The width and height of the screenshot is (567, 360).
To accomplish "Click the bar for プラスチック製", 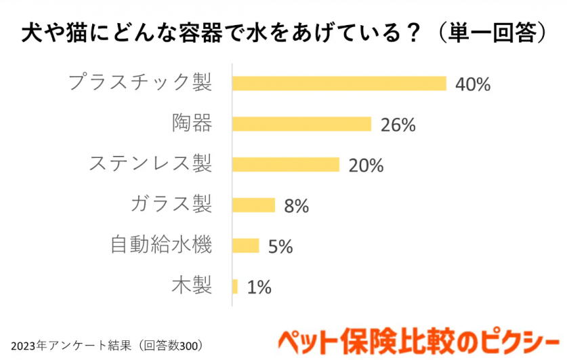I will point(339,83).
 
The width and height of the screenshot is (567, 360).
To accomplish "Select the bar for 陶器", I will point(301,124).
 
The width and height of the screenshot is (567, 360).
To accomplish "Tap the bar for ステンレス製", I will point(285,165).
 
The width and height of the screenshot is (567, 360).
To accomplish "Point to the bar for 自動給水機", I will point(245,245).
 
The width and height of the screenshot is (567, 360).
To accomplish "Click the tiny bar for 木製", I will point(235,286).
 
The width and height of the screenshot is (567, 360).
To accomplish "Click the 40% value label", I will point(472,84).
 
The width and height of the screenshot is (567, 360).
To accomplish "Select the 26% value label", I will point(397,125).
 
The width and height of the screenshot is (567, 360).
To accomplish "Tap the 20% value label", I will point(365,165).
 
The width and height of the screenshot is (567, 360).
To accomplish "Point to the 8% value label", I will point(296,206).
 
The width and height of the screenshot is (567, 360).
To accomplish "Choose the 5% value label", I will point(280,246).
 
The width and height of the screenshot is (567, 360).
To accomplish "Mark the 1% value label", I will point(259,287).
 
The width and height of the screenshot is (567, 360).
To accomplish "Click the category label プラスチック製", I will point(141,83).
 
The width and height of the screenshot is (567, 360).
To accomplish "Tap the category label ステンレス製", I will point(151,164).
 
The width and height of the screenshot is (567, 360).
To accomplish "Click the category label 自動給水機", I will point(161,245).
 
